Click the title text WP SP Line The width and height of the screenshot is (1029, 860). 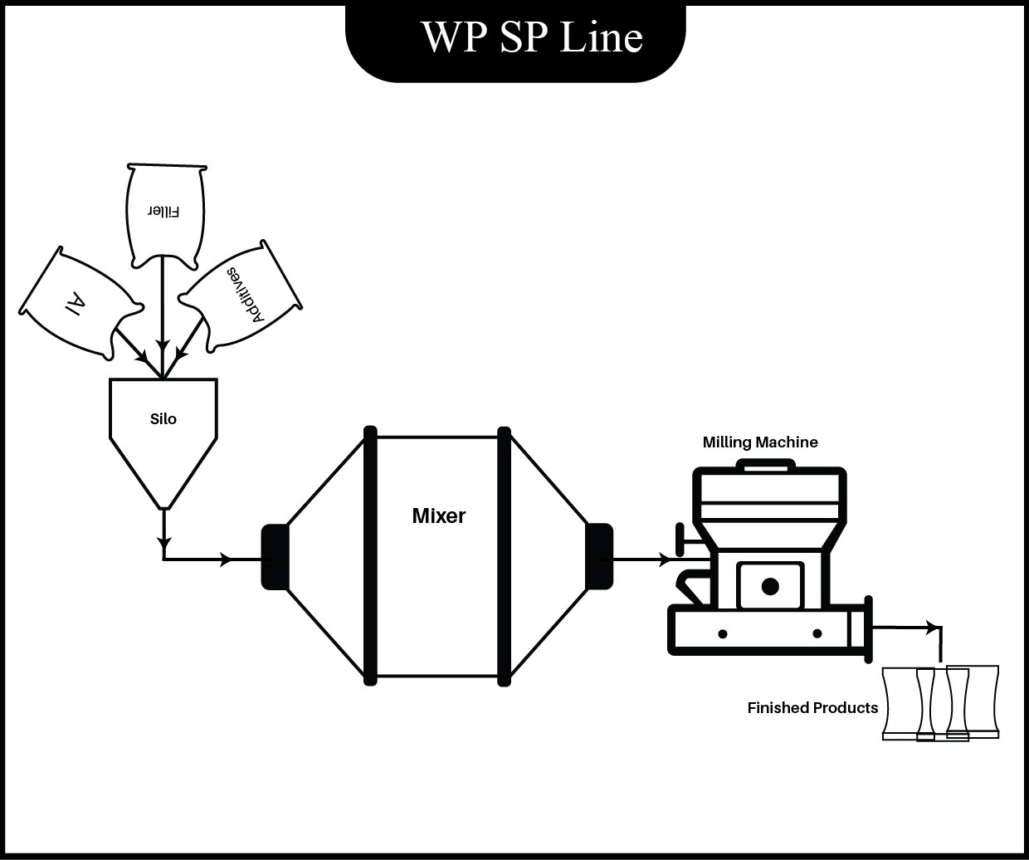pos(532,37)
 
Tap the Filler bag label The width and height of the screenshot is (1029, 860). pos(163,210)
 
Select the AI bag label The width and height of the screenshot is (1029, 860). pos(74,303)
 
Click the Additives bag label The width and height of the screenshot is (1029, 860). pos(244,296)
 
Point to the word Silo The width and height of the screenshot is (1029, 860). pos(163,419)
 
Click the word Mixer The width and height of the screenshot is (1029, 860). pos(438,516)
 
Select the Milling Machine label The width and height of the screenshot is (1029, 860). pos(760,442)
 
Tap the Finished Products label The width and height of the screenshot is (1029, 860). pos(812,708)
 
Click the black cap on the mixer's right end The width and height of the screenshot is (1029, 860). pos(599,556)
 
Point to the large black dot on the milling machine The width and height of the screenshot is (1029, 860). pos(770,587)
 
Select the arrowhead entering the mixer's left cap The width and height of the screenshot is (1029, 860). pos(226,559)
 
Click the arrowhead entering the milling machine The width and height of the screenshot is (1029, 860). pos(665,560)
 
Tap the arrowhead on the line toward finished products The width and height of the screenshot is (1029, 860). pos(934,628)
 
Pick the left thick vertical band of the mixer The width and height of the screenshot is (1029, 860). pos(370,556)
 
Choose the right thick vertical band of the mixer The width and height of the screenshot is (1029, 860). pos(504,556)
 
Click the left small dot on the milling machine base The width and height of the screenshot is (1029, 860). pos(723,634)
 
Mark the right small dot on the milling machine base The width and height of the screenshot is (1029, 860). pos(817,634)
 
